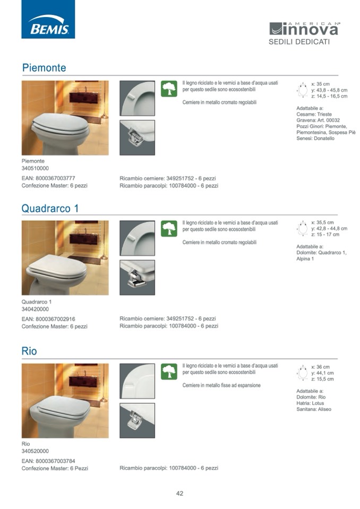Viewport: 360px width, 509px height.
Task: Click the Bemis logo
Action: (48, 19)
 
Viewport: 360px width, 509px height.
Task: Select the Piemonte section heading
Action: (44, 67)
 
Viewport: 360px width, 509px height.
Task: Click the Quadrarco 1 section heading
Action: (50, 208)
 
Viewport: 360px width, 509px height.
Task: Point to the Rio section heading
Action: (29, 351)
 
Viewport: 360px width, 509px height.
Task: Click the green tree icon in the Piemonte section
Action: (169, 89)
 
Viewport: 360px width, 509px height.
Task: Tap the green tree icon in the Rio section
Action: (169, 372)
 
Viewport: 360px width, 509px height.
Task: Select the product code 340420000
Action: (35, 309)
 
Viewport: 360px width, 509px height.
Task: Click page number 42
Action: (179, 494)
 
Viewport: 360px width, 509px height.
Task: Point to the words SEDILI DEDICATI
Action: (299, 42)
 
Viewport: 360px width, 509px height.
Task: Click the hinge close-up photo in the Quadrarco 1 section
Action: (138, 278)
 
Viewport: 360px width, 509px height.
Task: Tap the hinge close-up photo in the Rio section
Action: (138, 420)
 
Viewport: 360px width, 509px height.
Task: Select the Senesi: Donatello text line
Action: (315, 139)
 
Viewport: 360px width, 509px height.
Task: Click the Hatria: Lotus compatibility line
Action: (310, 403)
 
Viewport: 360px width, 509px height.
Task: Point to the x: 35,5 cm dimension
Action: (322, 222)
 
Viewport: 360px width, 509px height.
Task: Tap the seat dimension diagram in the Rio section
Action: (303, 373)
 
